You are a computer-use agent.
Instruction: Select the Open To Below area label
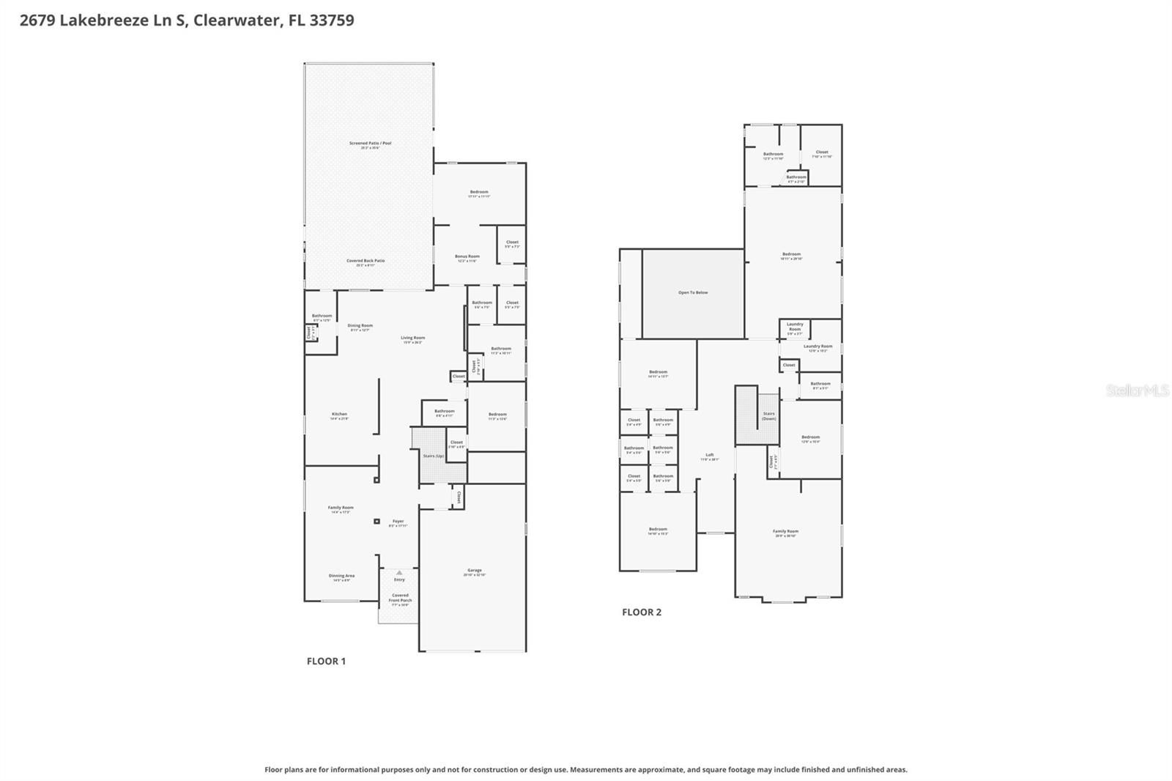(693, 292)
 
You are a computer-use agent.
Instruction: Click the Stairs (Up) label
(433, 456)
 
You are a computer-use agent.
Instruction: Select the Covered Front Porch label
(400, 598)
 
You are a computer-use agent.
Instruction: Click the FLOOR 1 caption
(326, 661)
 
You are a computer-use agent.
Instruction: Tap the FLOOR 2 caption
(642, 612)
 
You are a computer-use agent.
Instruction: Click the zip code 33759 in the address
(331, 20)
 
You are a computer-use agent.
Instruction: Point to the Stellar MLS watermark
(1137, 390)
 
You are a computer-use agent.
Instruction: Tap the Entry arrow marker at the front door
(399, 572)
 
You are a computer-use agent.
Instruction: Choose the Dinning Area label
(341, 577)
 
